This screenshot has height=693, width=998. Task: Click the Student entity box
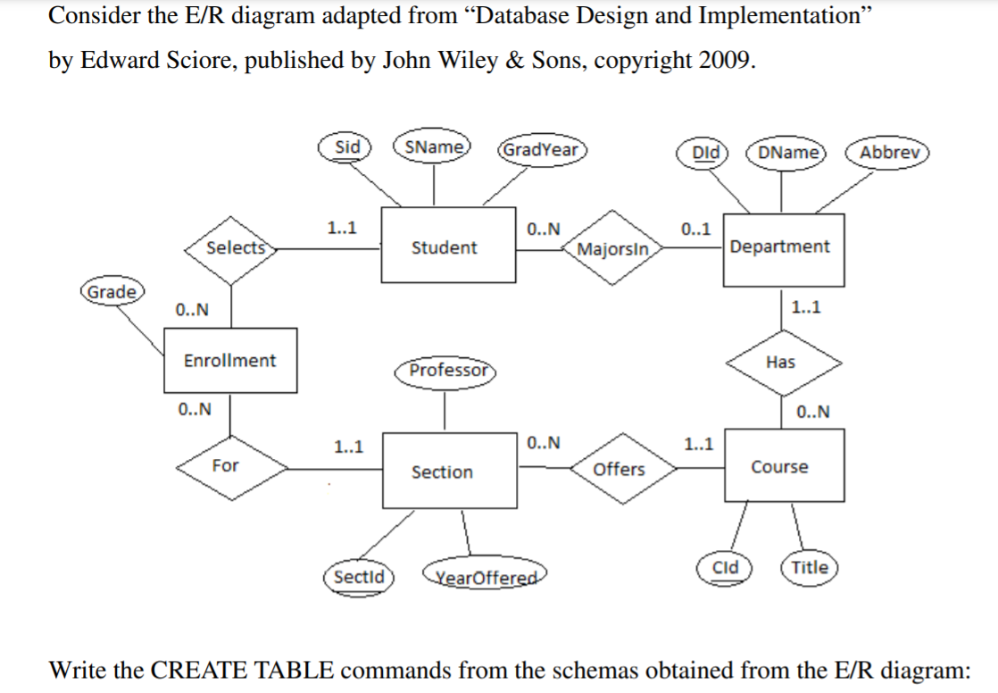click(x=444, y=247)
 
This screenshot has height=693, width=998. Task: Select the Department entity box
click(x=779, y=247)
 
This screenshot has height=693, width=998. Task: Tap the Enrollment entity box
click(x=229, y=361)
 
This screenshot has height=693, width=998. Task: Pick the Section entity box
click(x=442, y=472)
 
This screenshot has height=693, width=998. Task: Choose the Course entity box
click(x=779, y=467)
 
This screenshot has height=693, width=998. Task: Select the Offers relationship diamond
click(x=619, y=469)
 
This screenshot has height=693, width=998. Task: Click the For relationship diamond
click(x=227, y=465)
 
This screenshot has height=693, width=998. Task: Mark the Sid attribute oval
click(x=346, y=147)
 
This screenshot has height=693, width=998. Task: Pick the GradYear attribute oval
click(x=542, y=149)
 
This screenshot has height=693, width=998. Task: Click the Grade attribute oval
click(x=111, y=292)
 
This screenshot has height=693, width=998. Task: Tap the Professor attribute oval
click(x=448, y=370)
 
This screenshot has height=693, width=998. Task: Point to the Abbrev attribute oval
click(x=889, y=152)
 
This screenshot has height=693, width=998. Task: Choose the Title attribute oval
click(x=810, y=567)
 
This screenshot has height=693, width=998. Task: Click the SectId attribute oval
click(x=358, y=577)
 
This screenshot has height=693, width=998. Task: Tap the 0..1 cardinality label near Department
click(x=695, y=229)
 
